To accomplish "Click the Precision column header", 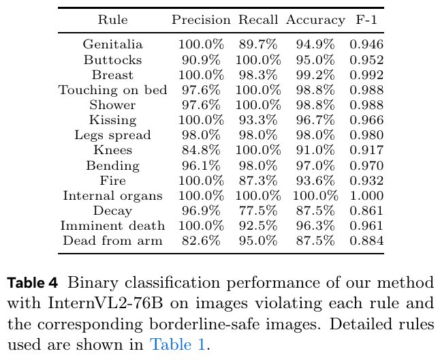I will pyautogui.click(x=201, y=20).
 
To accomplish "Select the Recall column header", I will pyautogui.click(x=258, y=20).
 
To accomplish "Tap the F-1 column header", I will pyautogui.click(x=366, y=20).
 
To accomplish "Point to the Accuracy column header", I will pyautogui.click(x=315, y=20).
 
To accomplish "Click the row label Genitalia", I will pyautogui.click(x=112, y=45).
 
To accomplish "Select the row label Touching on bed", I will pyautogui.click(x=112, y=90).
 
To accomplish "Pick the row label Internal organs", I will pyautogui.click(x=112, y=196).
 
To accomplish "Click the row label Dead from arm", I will pyautogui.click(x=112, y=241).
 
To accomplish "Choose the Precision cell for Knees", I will pyautogui.click(x=201, y=151).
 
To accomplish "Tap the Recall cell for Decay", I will pyautogui.click(x=258, y=211).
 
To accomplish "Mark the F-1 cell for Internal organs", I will pyautogui.click(x=366, y=196).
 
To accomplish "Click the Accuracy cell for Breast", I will pyautogui.click(x=315, y=75).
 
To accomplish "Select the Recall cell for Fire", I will pyautogui.click(x=258, y=181).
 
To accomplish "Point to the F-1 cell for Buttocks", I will pyautogui.click(x=366, y=60).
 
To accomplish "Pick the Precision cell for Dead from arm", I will pyautogui.click(x=201, y=241).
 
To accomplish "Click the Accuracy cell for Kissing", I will pyautogui.click(x=315, y=120).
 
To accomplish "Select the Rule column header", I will pyautogui.click(x=112, y=20).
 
